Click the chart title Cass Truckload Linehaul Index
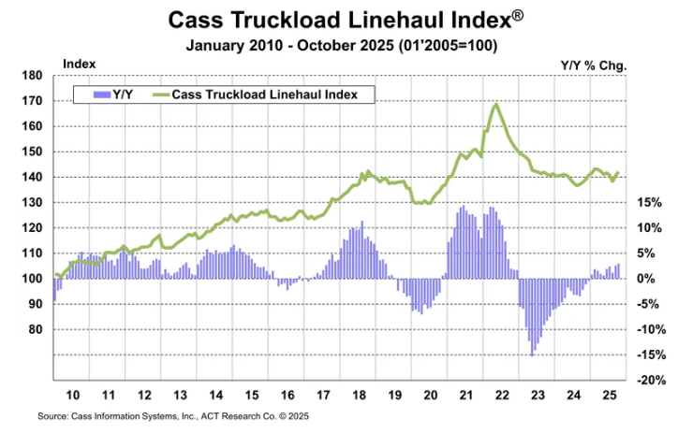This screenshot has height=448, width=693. (x=345, y=20)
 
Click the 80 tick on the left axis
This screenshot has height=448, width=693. (x=34, y=329)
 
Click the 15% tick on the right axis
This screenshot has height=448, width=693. (x=650, y=203)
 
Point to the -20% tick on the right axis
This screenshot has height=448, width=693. (x=648, y=380)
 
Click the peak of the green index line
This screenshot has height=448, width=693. (x=495, y=104)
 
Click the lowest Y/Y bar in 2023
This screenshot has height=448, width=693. (x=533, y=354)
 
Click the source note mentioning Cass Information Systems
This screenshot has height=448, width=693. (x=173, y=415)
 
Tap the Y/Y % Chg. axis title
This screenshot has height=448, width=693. (x=593, y=65)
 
